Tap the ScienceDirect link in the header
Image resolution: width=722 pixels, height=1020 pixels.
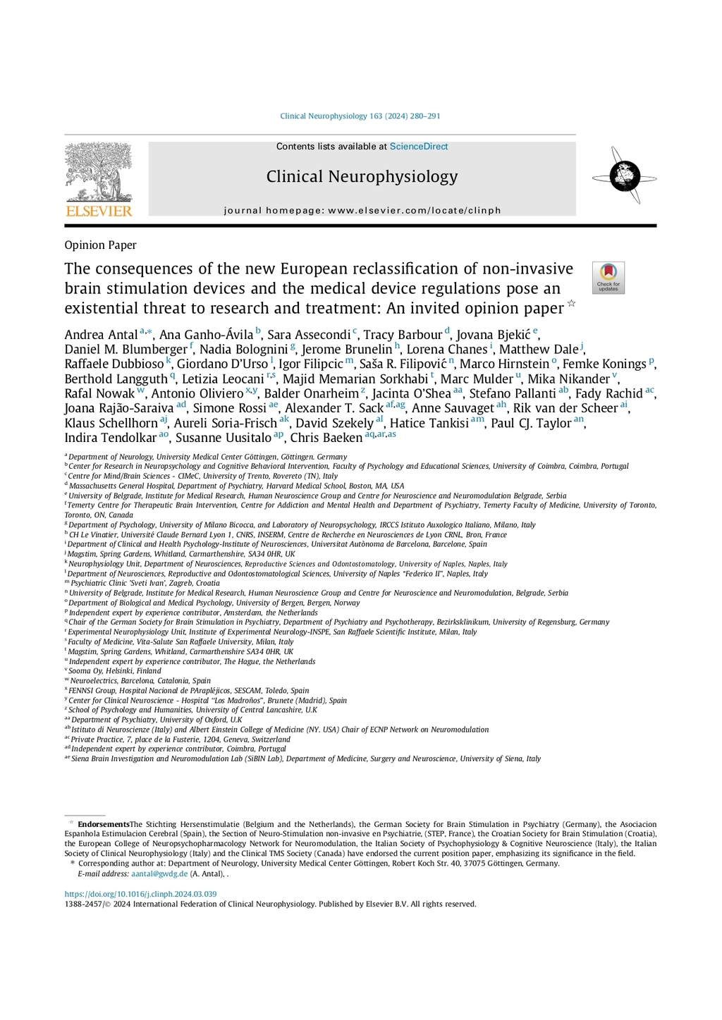[x=419, y=147]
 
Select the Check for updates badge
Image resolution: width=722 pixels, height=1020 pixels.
[x=608, y=278]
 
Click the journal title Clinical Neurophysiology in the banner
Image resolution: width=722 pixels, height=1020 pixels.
[x=362, y=176]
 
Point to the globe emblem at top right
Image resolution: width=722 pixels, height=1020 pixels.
[x=625, y=176]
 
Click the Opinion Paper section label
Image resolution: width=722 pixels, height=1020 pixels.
[x=100, y=245]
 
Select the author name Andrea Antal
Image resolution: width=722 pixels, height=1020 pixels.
[x=101, y=335]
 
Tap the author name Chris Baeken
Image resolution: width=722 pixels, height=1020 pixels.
[x=326, y=438]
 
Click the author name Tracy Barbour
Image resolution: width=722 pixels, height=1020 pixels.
[x=403, y=335]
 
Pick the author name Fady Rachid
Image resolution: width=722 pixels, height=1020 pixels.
[x=608, y=393]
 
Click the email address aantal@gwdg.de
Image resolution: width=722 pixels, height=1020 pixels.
[x=159, y=874]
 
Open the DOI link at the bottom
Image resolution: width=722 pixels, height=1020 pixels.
[x=140, y=894]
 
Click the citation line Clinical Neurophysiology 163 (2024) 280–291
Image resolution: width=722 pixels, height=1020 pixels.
[x=360, y=116]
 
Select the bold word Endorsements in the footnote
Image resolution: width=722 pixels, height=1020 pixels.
[x=104, y=824]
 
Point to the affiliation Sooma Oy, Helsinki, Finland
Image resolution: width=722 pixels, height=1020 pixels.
[x=115, y=671]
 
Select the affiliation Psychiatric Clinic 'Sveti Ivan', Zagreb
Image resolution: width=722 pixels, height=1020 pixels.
[x=145, y=583]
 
